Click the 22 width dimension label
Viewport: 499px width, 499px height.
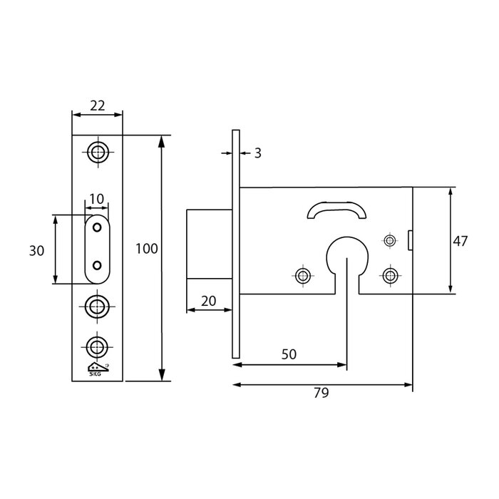tap(97, 105)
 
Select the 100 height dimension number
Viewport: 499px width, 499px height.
tap(146, 249)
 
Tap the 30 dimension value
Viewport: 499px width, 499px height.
tap(38, 250)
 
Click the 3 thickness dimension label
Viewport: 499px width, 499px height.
tap(257, 153)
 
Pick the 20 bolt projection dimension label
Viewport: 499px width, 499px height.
tap(208, 301)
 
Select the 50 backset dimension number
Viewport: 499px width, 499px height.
tap(289, 354)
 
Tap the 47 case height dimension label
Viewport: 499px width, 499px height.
tap(460, 241)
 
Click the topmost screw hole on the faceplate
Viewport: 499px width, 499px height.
tap(97, 151)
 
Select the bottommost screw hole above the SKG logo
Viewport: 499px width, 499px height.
tap(97, 346)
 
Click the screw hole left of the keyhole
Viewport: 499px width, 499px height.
tap(303, 275)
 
